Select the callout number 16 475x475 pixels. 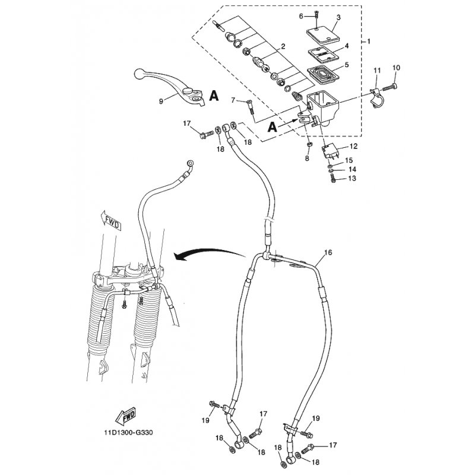(x=328, y=252)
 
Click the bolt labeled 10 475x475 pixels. (x=389, y=87)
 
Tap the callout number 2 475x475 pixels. (x=283, y=46)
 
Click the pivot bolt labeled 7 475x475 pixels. (x=251, y=107)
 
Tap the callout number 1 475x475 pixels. (x=369, y=41)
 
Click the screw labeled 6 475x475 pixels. (x=316, y=15)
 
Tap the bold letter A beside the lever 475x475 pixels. (x=214, y=96)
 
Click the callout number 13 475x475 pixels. (x=352, y=178)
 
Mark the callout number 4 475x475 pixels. (x=347, y=46)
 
